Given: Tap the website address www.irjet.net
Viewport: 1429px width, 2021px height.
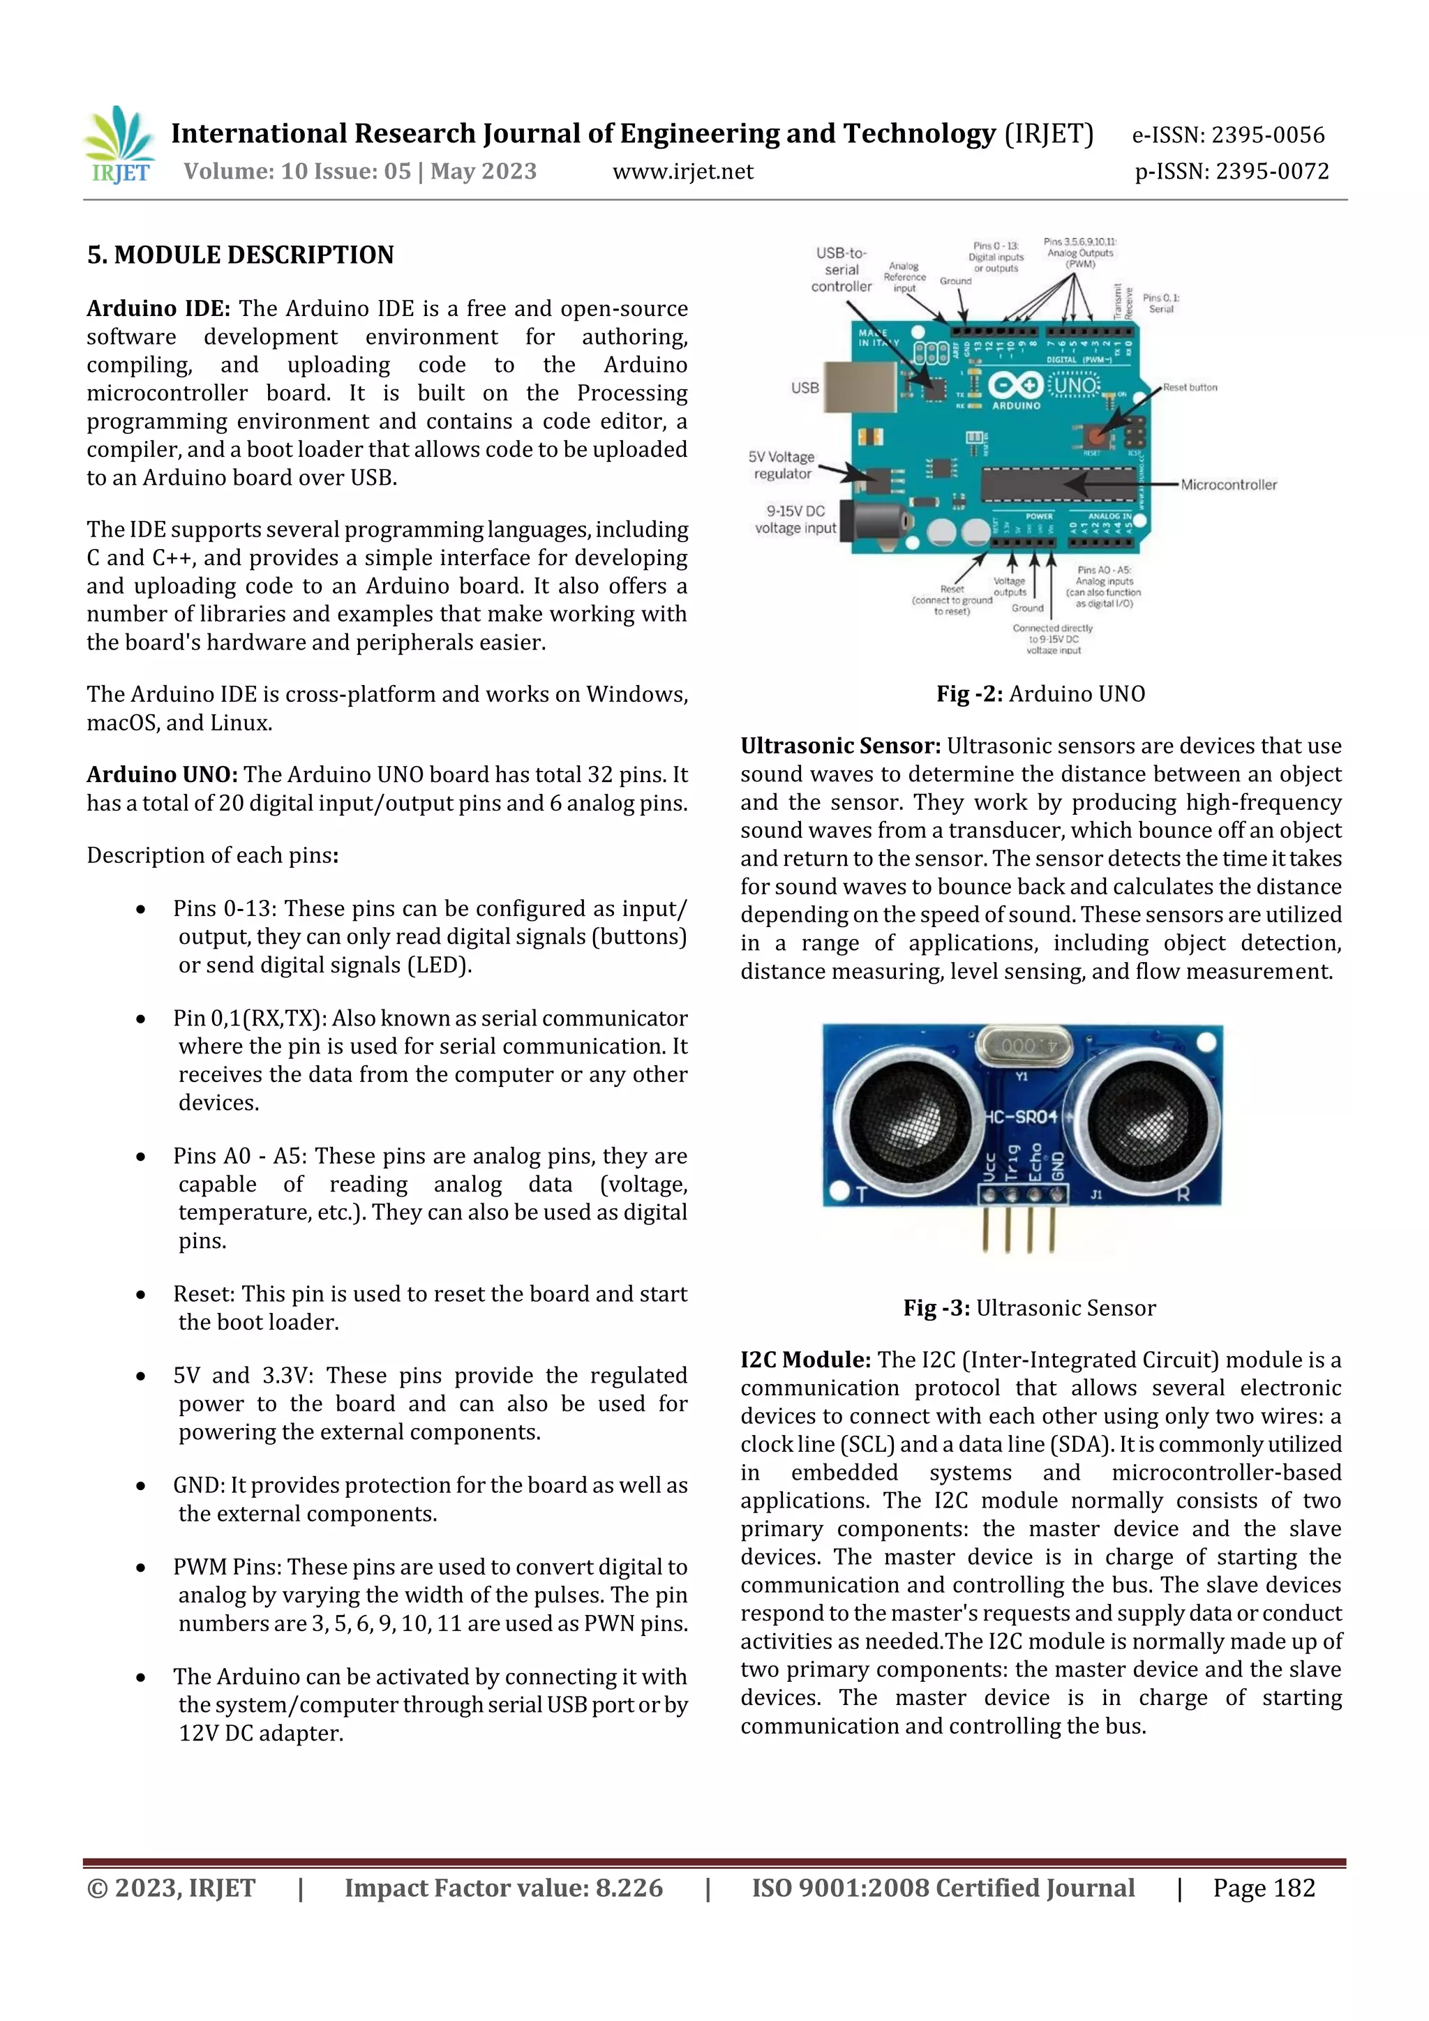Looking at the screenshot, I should coord(682,172).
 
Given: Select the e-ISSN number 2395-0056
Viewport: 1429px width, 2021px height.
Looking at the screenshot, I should coord(1227,135).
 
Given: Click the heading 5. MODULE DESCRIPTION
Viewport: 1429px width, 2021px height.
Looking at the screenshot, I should coord(240,255).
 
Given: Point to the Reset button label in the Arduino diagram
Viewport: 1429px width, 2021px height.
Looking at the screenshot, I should coord(1190,387).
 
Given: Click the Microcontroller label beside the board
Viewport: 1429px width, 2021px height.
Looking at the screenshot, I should coord(1227,485).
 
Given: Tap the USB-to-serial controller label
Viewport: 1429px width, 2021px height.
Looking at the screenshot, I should coord(841,269).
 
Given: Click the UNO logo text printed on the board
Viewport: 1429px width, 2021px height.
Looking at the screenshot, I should coord(1075,386).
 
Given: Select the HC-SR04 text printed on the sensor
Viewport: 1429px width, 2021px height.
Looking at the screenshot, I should coord(1022,1117).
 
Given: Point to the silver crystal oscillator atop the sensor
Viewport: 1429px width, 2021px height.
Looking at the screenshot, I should coord(1026,1046).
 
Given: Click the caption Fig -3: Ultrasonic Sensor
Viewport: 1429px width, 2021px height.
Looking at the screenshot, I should coord(1028,1308).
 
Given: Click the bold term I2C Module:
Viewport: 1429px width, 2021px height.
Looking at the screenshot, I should coord(805,1360).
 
